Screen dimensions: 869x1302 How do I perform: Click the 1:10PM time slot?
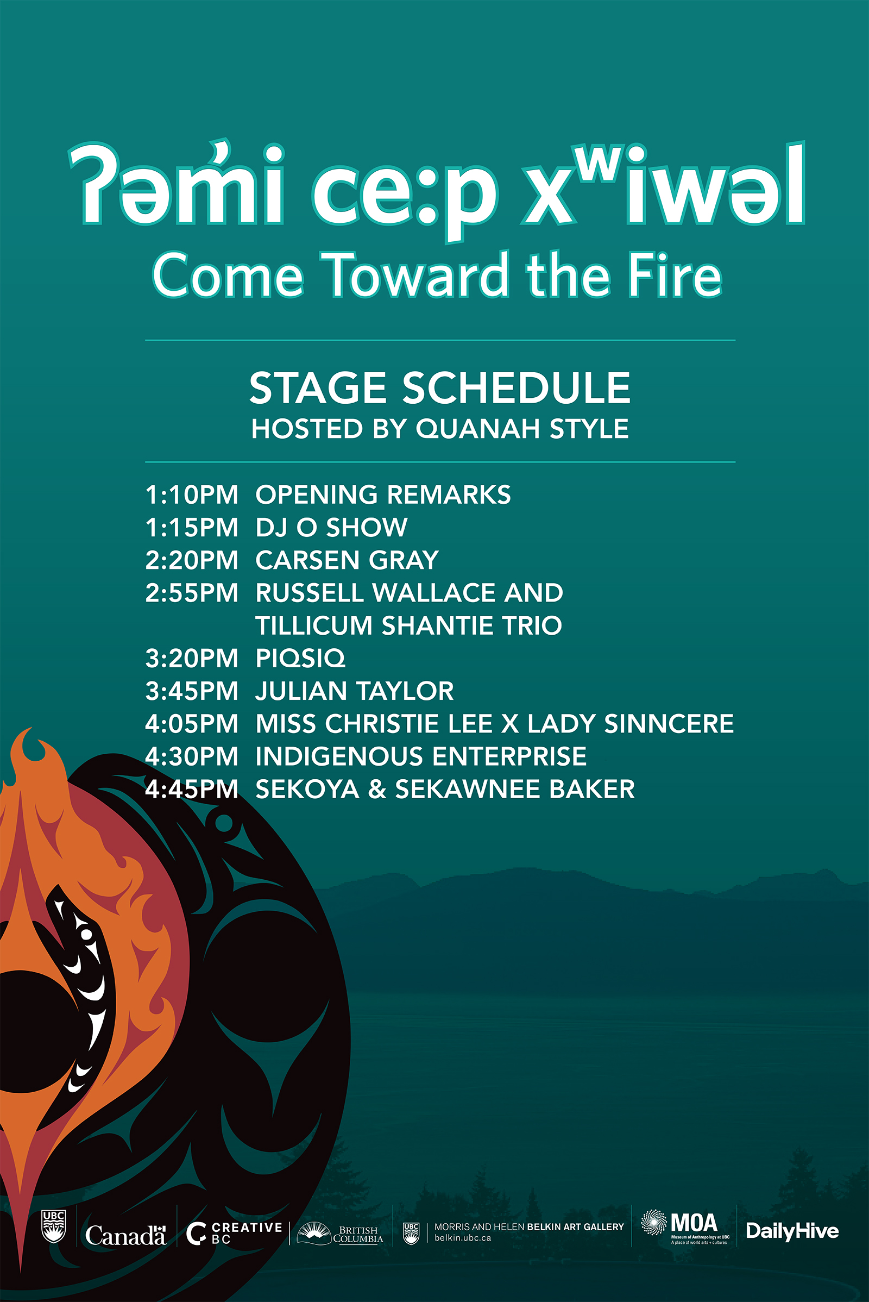tap(192, 494)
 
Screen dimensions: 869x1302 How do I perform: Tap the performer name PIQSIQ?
tap(300, 658)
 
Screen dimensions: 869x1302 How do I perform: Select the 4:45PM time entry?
tap(192, 789)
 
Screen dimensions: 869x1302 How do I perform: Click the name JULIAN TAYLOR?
tap(355, 691)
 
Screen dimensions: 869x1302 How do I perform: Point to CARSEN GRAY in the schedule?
tap(348, 560)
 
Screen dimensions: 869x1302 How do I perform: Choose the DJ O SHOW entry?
tap(331, 527)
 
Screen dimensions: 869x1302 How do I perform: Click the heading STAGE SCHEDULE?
tap(440, 387)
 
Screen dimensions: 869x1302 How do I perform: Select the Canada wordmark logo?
tap(126, 1235)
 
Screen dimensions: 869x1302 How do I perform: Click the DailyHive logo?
tap(792, 1231)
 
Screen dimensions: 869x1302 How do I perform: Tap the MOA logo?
tap(685, 1228)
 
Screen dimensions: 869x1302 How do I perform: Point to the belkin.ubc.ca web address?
tap(463, 1238)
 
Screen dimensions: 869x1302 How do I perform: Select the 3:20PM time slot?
tap(192, 658)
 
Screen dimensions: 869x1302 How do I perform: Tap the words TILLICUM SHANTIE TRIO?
tap(409, 625)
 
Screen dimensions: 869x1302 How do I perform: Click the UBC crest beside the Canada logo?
tap(54, 1226)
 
